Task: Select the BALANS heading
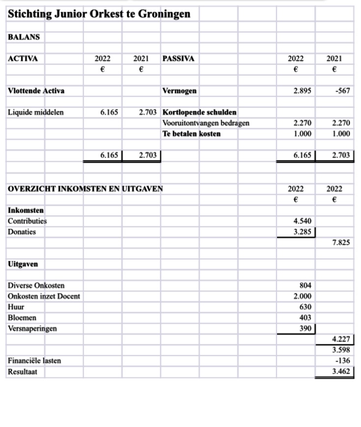24,37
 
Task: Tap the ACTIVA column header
23,58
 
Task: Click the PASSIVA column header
178,58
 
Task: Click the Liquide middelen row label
35,112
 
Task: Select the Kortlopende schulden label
199,112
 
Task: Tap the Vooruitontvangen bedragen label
206,123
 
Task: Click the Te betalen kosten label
192,134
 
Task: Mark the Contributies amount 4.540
302,221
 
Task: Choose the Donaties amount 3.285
302,231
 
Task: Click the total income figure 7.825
341,242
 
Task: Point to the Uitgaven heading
23,264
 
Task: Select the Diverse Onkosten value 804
305,285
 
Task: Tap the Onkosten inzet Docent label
44,296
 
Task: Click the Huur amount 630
305,307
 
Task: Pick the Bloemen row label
22,318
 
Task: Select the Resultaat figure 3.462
341,371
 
